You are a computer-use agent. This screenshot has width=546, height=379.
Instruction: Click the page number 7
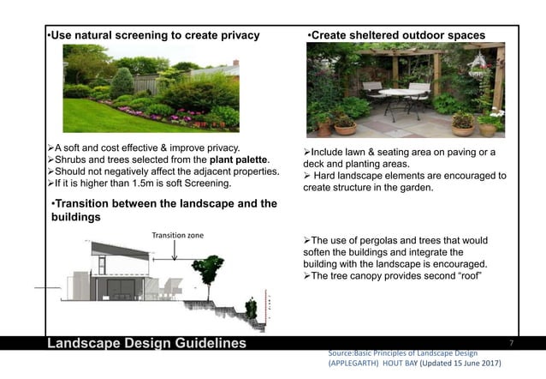(511, 343)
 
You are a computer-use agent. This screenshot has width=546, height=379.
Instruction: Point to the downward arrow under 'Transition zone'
(175, 250)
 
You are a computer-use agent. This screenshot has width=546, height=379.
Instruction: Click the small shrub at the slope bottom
(251, 307)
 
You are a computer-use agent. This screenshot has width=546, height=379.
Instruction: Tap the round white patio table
(399, 94)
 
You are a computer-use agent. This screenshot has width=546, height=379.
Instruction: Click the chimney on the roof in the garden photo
(234, 63)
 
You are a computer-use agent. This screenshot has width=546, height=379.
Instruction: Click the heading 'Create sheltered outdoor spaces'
(395, 35)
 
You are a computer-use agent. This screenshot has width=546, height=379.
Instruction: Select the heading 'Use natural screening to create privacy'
(154, 35)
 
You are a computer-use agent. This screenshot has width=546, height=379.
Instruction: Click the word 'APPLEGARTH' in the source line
(359, 364)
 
